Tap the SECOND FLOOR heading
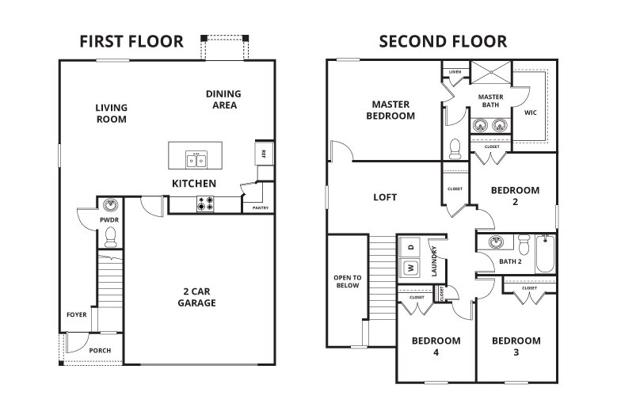click(x=443, y=40)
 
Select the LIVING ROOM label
click(x=112, y=113)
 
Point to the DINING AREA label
click(x=223, y=99)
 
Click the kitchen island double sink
click(x=196, y=160)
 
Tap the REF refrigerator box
click(x=260, y=151)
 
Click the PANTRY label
click(x=260, y=208)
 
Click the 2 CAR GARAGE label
click(x=196, y=296)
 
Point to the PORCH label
click(x=100, y=351)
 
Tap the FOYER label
click(x=77, y=314)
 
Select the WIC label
click(x=531, y=112)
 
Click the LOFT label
click(x=385, y=197)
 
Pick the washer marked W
click(x=411, y=267)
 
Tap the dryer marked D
click(x=411, y=247)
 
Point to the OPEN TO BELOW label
click(x=345, y=281)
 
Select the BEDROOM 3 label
click(x=516, y=346)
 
